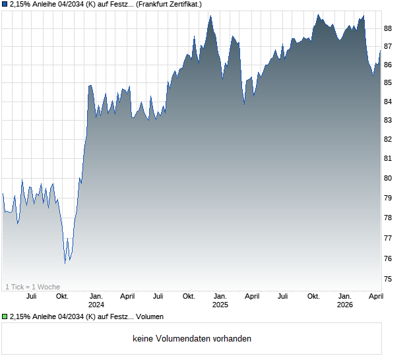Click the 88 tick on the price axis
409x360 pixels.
pos(388,28)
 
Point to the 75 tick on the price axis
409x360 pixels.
pos(388,280)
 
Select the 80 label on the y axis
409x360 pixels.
pos(388,178)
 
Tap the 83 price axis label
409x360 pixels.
pos(388,121)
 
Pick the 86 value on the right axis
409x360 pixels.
pos(388,65)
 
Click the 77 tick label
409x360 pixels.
pos(388,238)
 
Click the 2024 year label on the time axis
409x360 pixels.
pos(96,305)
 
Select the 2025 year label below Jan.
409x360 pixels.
pos(220,305)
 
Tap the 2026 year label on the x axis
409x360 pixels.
pos(345,305)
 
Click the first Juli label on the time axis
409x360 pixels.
pos(31,297)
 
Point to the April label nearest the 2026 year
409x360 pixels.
pos(375,297)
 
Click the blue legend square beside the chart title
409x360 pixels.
pos(5,5)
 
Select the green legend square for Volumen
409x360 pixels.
pos(5,317)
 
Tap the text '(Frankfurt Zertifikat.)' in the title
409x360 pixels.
pos(164,5)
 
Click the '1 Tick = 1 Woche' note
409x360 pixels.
pos(32,287)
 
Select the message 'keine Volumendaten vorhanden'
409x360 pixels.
pos(192,339)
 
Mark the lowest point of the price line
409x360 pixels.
pos(65,263)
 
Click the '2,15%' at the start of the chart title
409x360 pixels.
pos(21,5)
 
